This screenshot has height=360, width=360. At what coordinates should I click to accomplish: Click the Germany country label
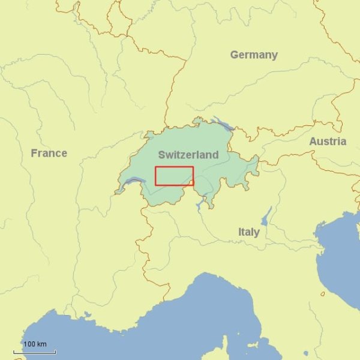click(x=254, y=55)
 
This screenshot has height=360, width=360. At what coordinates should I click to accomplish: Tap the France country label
click(x=49, y=153)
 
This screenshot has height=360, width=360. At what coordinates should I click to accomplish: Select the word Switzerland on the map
click(x=188, y=155)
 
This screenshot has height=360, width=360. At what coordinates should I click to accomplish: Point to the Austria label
click(x=328, y=142)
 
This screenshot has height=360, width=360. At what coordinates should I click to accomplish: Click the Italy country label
click(x=248, y=232)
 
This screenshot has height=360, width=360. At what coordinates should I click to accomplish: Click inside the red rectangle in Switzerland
click(x=174, y=176)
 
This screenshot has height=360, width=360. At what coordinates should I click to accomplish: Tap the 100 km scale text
click(x=35, y=344)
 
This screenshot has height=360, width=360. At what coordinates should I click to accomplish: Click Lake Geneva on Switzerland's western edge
click(x=134, y=181)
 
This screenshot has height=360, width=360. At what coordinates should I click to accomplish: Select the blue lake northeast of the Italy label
click(x=266, y=215)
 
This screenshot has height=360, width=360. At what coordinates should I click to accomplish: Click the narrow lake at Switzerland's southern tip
click(x=200, y=204)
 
